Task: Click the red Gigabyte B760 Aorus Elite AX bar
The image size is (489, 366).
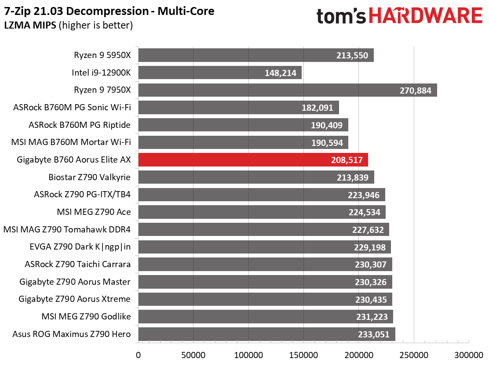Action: (x=253, y=160)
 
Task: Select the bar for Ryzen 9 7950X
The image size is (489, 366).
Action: (x=288, y=90)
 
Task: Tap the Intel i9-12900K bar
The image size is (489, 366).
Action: (x=220, y=72)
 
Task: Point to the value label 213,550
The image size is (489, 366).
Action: (x=352, y=55)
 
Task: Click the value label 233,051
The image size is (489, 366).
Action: (x=374, y=334)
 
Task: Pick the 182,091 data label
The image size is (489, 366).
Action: (x=317, y=108)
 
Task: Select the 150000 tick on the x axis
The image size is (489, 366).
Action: (x=303, y=355)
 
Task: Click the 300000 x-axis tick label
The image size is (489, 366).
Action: (x=469, y=355)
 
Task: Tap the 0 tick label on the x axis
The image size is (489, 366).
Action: (x=138, y=355)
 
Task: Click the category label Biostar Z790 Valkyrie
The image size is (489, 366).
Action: (x=90, y=177)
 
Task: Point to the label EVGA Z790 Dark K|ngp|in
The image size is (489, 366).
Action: (x=80, y=247)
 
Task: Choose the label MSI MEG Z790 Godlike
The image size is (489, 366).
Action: (x=86, y=316)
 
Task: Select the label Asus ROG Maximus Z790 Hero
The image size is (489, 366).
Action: (x=71, y=334)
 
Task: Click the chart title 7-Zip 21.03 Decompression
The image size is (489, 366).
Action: (x=77, y=11)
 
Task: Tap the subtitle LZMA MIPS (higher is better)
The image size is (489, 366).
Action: (x=68, y=25)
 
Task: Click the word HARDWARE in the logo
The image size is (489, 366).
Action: (x=426, y=16)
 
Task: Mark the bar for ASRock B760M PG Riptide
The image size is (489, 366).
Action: (x=243, y=125)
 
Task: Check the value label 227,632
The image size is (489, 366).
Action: (x=368, y=230)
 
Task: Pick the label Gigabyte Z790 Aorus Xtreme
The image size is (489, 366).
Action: (x=74, y=299)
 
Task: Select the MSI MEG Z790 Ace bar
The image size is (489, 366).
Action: (x=262, y=212)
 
